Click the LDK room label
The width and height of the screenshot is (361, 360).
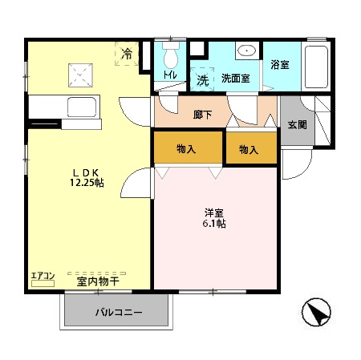[x=86, y=172]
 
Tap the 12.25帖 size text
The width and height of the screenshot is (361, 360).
[x=87, y=184]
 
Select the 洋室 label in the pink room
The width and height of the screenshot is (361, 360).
[x=213, y=212]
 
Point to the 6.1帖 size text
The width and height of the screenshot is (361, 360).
[x=214, y=224]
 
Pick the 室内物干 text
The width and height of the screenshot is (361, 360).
[x=97, y=281]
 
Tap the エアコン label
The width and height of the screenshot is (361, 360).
[x=43, y=277]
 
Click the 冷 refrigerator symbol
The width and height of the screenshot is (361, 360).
[x=128, y=53]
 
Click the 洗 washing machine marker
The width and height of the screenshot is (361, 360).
[x=203, y=79]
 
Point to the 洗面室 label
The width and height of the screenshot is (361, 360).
[x=235, y=79]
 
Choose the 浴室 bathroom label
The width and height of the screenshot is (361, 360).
[x=279, y=65]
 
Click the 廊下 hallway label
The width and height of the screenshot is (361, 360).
[x=203, y=115]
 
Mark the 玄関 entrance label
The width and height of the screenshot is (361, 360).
[x=296, y=124]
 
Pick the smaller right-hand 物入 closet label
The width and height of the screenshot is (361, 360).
[x=249, y=149]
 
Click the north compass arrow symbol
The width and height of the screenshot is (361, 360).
[x=317, y=313]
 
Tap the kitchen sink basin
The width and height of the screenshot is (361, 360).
[x=79, y=107]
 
